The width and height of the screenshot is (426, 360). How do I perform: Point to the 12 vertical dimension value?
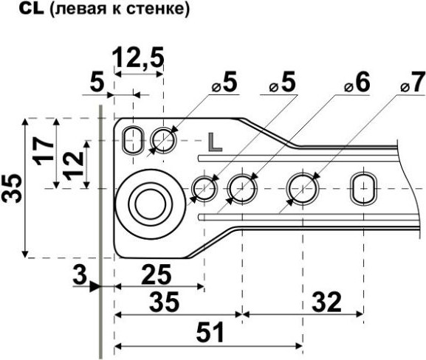[72, 163]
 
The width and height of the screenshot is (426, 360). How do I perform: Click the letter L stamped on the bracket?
[215, 142]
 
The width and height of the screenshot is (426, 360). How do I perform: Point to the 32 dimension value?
[326, 301]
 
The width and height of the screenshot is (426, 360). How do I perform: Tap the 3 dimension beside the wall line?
[79, 275]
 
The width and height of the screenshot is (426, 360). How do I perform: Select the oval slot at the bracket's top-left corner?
[134, 139]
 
